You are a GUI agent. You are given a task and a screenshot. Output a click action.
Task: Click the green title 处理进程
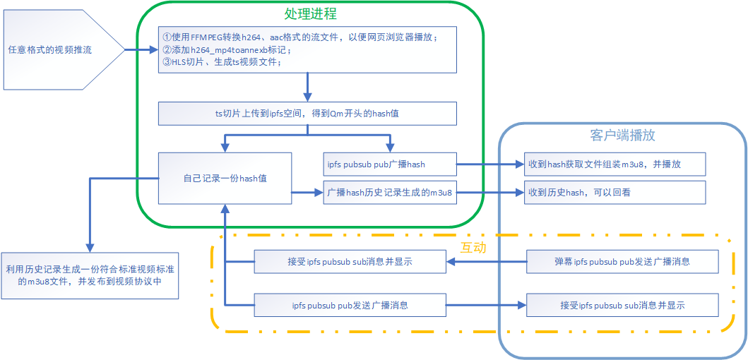(310, 13)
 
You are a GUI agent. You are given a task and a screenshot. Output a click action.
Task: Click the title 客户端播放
(623, 135)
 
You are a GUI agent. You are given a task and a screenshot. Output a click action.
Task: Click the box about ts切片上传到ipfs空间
(307, 113)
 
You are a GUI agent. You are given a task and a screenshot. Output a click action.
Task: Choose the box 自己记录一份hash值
(225, 178)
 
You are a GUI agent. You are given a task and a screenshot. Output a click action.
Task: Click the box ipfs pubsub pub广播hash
(389, 164)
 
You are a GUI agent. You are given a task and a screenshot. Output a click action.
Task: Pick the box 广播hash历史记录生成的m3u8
(389, 192)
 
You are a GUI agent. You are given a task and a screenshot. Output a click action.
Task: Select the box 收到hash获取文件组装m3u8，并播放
(615, 164)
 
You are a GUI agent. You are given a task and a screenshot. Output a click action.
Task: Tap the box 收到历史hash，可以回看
(615, 192)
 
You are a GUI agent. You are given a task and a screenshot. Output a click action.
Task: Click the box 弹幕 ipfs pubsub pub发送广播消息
(622, 261)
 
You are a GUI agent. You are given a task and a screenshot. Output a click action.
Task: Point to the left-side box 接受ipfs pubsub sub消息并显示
(350, 261)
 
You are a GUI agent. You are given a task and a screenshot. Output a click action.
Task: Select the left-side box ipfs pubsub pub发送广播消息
(350, 305)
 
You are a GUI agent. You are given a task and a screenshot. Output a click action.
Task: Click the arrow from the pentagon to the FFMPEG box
(141, 50)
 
